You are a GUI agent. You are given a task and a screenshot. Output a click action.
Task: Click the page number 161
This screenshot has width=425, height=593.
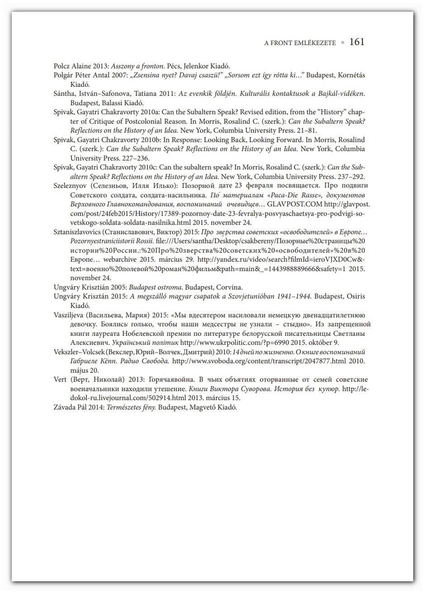[x=357, y=42]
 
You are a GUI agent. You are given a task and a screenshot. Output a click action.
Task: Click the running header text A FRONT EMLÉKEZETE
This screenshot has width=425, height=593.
[x=300, y=43]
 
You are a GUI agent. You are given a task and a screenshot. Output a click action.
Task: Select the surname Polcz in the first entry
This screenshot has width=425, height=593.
[x=62, y=66]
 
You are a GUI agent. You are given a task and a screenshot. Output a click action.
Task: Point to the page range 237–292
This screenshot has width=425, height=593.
[x=350, y=177]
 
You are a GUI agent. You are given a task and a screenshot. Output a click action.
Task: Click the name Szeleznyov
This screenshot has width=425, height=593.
[x=71, y=186]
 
